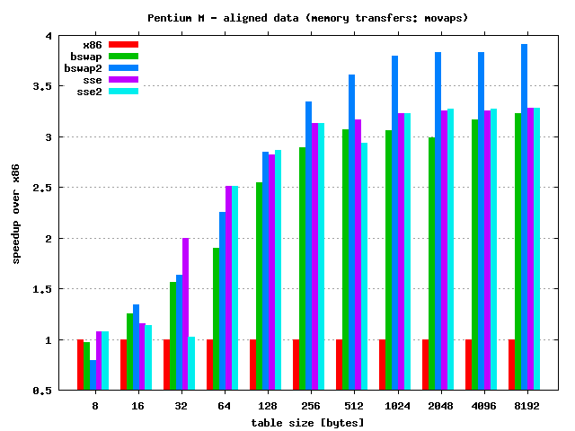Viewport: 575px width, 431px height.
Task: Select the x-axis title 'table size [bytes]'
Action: (308, 422)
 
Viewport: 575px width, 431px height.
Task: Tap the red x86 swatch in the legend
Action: (123, 44)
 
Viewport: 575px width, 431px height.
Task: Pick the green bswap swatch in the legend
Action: (123, 56)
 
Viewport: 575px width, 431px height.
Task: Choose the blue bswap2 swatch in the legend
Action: (123, 67)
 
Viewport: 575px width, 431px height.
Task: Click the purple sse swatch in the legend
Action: (123, 80)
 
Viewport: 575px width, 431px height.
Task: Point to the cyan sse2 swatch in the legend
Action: (123, 92)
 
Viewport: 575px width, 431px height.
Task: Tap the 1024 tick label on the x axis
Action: (394, 406)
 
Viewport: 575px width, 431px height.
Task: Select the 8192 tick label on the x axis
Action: (524, 406)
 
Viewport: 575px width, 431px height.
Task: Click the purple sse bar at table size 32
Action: (185, 314)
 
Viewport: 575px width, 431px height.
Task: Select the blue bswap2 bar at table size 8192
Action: (524, 217)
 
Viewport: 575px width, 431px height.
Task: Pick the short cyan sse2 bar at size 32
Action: (191, 364)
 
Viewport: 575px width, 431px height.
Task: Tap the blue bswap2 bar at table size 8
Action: (93, 375)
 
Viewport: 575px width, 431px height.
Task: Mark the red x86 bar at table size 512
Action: (339, 365)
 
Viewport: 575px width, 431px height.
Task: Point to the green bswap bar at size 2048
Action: (431, 264)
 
